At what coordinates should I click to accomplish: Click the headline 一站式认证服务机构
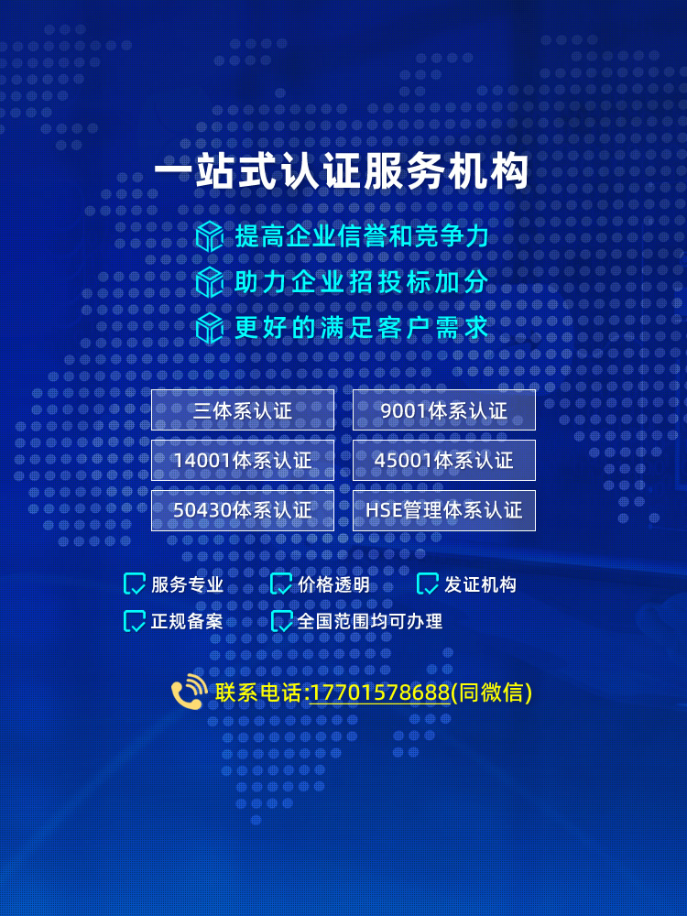click(x=343, y=172)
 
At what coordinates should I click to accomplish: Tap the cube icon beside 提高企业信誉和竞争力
click(x=210, y=236)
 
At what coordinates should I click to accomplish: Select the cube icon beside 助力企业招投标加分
click(x=210, y=281)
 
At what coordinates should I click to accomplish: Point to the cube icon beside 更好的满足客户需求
click(x=210, y=327)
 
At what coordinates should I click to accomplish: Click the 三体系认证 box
click(x=243, y=409)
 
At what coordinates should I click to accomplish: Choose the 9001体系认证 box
click(x=444, y=409)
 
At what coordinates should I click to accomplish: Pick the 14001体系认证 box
click(x=243, y=460)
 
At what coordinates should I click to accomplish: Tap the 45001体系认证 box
click(x=444, y=460)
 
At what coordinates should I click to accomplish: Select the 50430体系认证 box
click(x=243, y=510)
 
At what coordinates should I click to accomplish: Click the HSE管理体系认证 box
click(x=444, y=510)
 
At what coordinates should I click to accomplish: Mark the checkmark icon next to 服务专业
click(x=135, y=584)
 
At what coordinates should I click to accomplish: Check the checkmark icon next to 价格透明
click(x=281, y=584)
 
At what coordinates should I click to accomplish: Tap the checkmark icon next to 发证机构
click(x=428, y=584)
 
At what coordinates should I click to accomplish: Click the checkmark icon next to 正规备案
click(x=135, y=621)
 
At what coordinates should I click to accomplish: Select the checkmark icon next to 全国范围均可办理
click(x=281, y=621)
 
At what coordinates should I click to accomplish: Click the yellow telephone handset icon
click(x=189, y=692)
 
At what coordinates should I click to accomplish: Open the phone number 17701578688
click(x=380, y=692)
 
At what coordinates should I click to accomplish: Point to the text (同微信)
click(x=492, y=692)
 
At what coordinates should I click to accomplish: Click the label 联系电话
click(x=259, y=692)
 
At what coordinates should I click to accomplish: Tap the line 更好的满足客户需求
click(x=362, y=327)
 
